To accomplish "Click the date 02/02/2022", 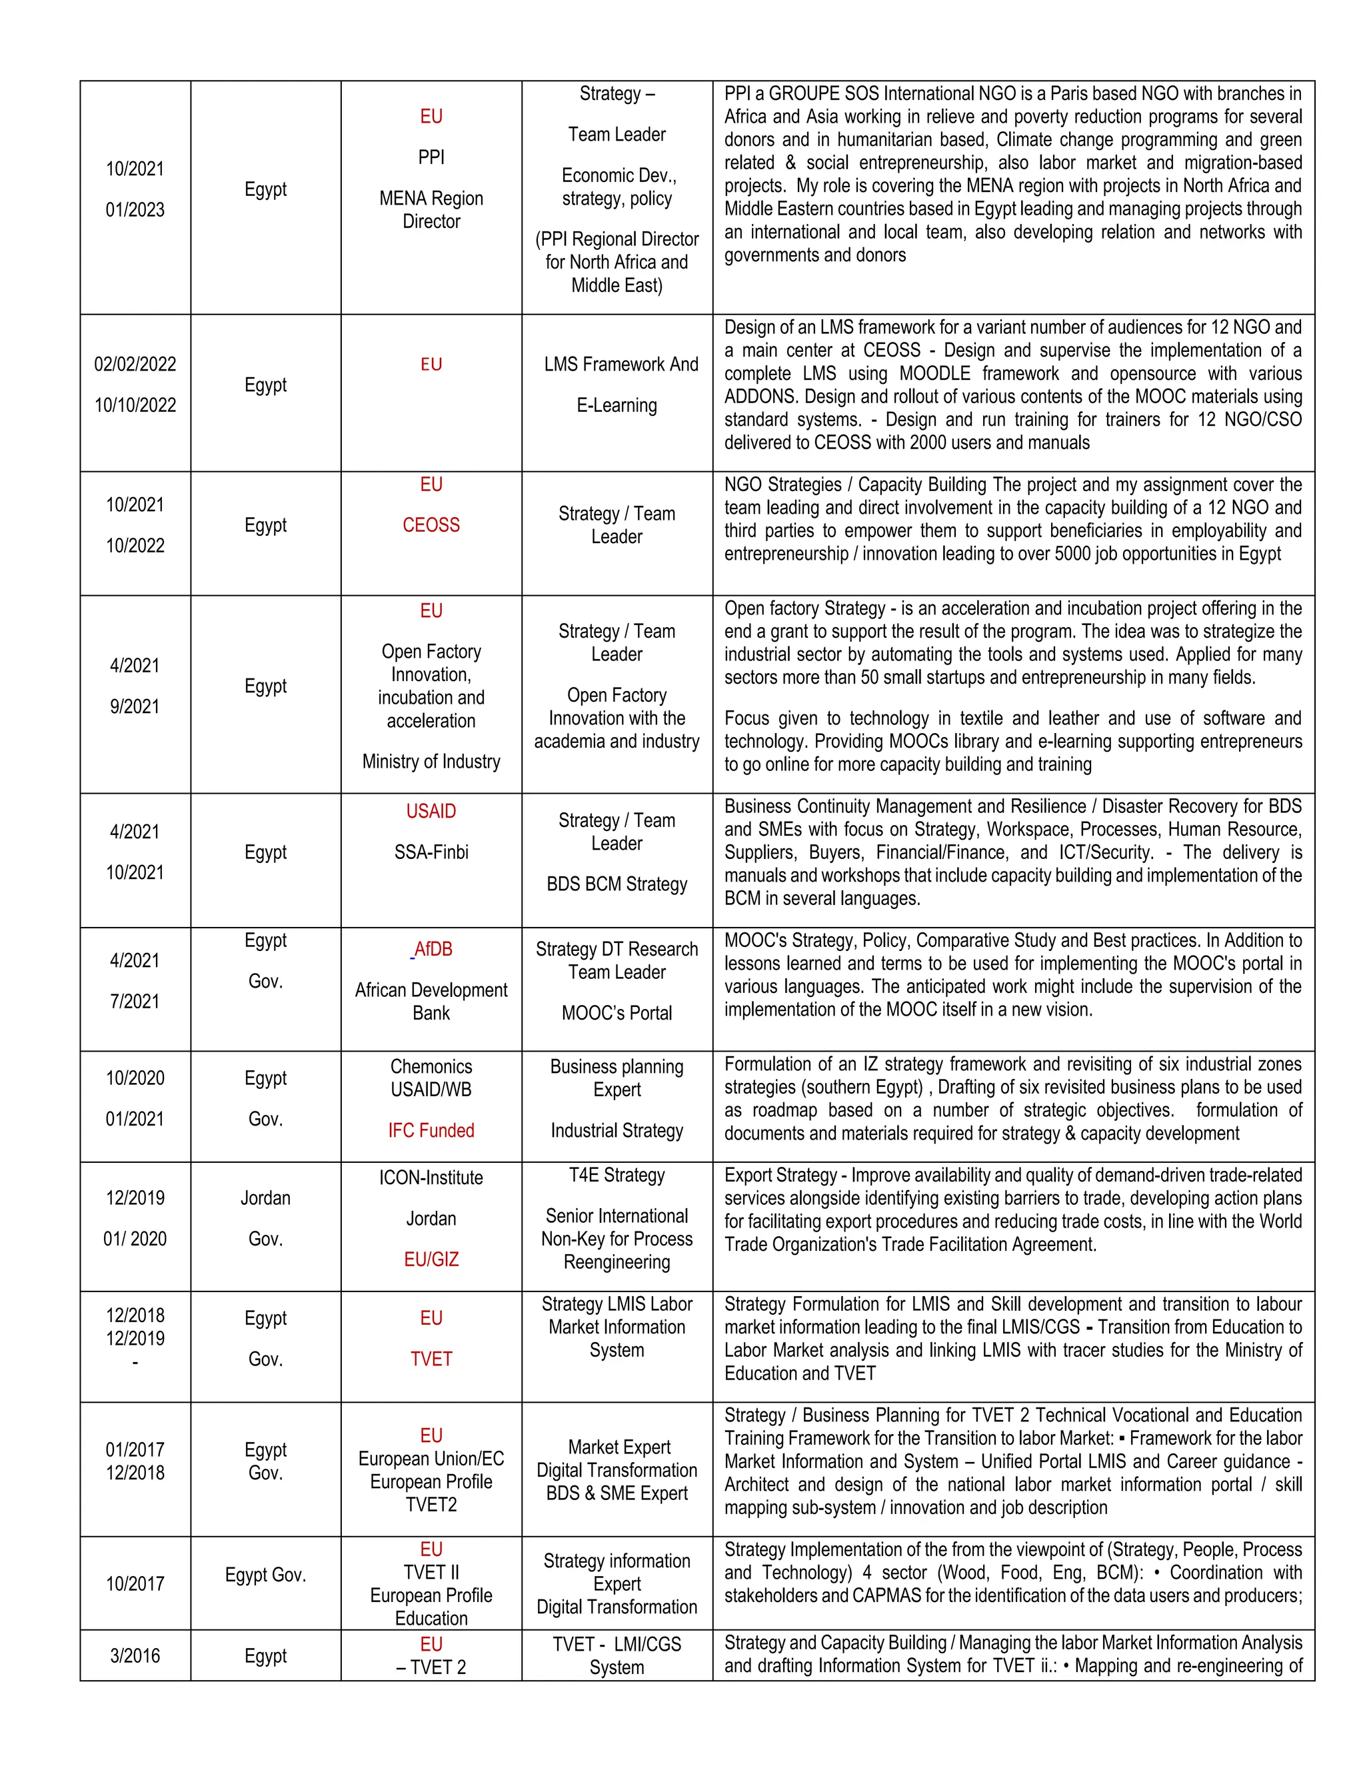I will pyautogui.click(x=135, y=364).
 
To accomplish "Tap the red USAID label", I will pyautogui.click(x=431, y=811).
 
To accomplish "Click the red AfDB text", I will pyautogui.click(x=433, y=949).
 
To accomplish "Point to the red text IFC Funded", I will pyautogui.click(x=431, y=1130).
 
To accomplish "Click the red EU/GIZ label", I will pyautogui.click(x=431, y=1259).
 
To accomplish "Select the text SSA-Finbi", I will pyautogui.click(x=431, y=852).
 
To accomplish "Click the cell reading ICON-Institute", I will pyautogui.click(x=431, y=1178).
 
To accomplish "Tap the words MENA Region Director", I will pyautogui.click(x=431, y=209).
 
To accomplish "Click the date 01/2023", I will pyautogui.click(x=135, y=209).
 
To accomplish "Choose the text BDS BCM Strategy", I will pyautogui.click(x=617, y=884).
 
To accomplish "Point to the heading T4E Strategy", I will pyautogui.click(x=617, y=1175).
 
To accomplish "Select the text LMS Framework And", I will pyautogui.click(x=621, y=364).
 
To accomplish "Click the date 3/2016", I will pyautogui.click(x=135, y=1655).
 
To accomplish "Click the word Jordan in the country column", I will pyautogui.click(x=265, y=1198).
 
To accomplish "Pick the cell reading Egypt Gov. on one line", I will pyautogui.click(x=265, y=1574).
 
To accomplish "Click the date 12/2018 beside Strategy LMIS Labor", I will pyautogui.click(x=135, y=1315).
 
